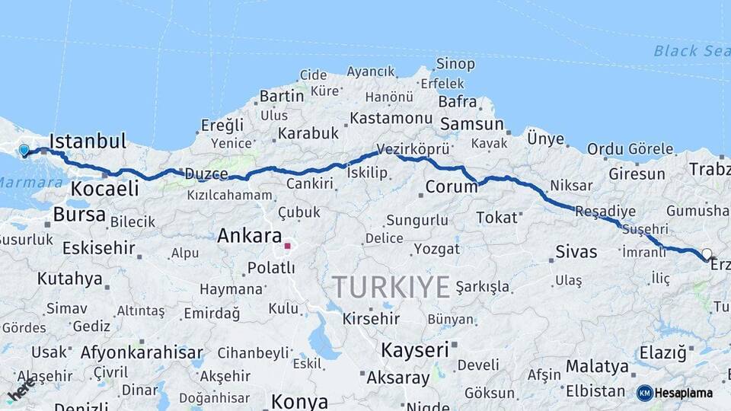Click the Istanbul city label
tap(88, 141)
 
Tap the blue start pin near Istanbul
tap(24, 151)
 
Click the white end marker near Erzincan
tap(707, 254)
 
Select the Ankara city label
tap(249, 236)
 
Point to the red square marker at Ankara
tap(287, 246)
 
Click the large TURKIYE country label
tap(390, 287)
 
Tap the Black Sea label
tap(691, 51)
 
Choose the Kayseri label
tap(414, 350)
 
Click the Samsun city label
tap(472, 124)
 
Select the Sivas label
tap(576, 252)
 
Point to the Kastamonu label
tap(391, 119)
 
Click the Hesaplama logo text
tap(684, 393)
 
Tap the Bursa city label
tap(79, 215)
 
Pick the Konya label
tap(299, 401)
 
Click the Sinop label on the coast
tap(455, 64)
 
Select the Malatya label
tap(597, 367)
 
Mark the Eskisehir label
tap(98, 248)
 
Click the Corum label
tap(451, 186)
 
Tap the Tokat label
tap(496, 218)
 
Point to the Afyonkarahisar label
tap(142, 352)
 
